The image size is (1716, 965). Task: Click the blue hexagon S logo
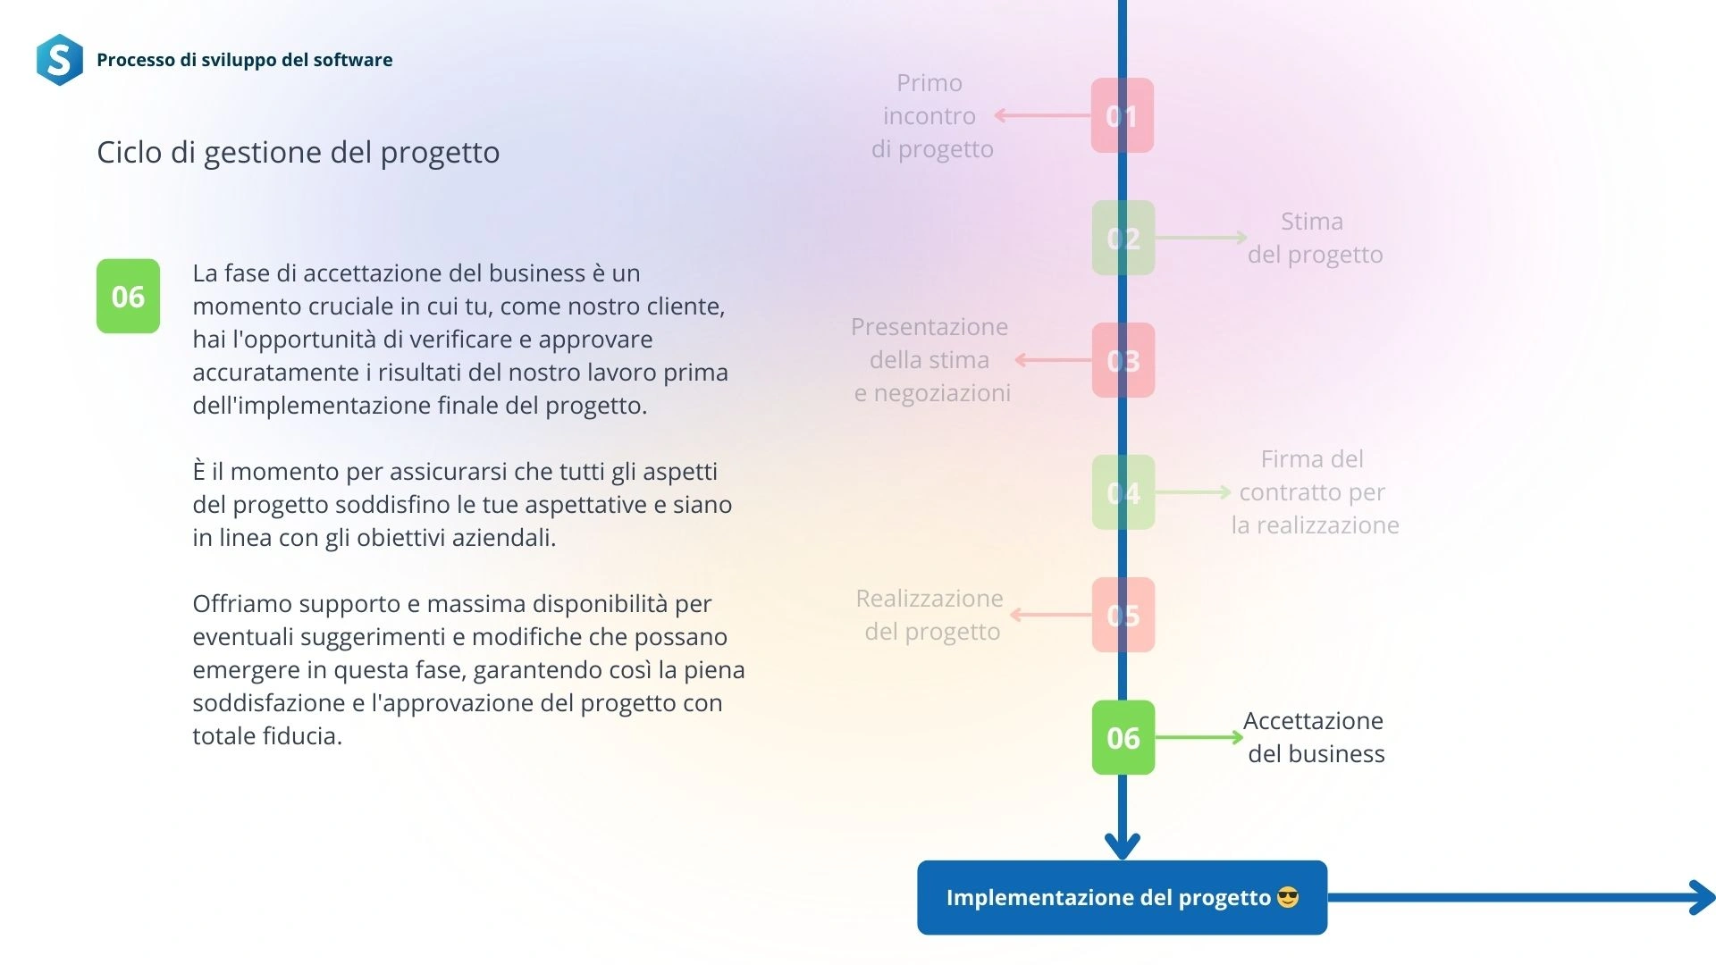[x=60, y=60]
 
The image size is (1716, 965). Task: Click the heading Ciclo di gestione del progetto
[x=298, y=153]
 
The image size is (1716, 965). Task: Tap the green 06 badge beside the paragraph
[x=128, y=296]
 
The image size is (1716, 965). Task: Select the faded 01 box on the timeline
[x=1123, y=115]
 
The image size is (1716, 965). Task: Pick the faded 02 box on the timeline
[x=1123, y=238]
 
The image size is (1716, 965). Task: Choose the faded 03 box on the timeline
[x=1123, y=360]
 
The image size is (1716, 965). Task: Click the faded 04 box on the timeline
[x=1123, y=492]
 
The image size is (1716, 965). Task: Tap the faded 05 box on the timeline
[x=1123, y=615]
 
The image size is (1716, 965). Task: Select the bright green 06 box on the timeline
[x=1123, y=737]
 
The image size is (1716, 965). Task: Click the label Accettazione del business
[x=1315, y=737]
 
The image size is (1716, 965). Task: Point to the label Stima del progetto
[x=1315, y=238]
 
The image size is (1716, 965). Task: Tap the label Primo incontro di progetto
[x=931, y=115]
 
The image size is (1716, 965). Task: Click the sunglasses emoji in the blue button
[x=1288, y=897]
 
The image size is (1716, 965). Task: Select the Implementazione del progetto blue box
[x=1123, y=897]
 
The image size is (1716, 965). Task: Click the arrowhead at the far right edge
[x=1703, y=897]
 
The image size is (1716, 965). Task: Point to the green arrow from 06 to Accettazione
[x=1199, y=737]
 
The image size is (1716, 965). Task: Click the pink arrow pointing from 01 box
[x=1043, y=115]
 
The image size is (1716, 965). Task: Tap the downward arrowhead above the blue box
[x=1123, y=845]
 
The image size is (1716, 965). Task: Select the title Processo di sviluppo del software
[x=245, y=60]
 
